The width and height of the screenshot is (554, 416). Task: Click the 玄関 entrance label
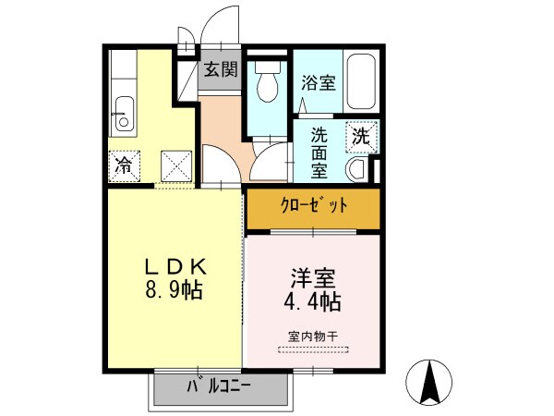tap(221, 68)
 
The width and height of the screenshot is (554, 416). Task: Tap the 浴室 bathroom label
tap(319, 82)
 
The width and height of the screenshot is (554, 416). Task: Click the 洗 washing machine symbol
tap(361, 137)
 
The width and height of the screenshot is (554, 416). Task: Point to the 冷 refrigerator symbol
tap(123, 166)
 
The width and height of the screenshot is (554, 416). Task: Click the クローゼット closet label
tap(313, 206)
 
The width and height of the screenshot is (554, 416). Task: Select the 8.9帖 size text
tap(175, 289)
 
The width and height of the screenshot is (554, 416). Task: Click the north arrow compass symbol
tap(428, 382)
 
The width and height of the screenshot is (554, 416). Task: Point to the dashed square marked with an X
tap(175, 166)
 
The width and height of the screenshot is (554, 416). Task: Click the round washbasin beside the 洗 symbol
tap(357, 168)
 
